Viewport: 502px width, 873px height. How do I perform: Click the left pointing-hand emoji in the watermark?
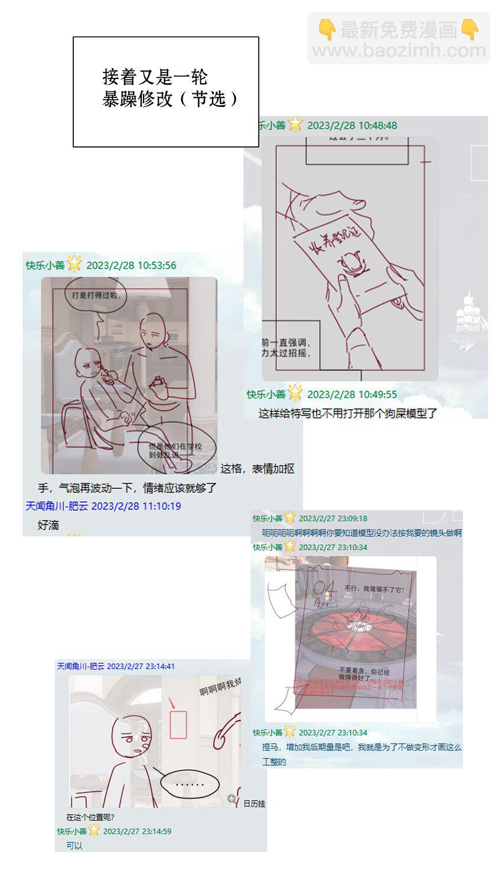click(327, 30)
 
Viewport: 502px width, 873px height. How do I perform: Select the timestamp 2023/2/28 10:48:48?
click(352, 125)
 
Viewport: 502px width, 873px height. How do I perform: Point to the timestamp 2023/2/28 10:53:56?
click(131, 265)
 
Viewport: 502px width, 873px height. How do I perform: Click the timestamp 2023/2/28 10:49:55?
click(352, 394)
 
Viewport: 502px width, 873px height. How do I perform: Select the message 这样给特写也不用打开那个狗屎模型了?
click(347, 413)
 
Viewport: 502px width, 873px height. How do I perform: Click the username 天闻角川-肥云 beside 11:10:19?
click(57, 506)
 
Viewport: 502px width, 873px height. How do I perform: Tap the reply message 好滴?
click(48, 525)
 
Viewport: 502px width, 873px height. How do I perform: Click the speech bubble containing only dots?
click(190, 784)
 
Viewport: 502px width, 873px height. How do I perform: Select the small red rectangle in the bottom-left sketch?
click(178, 724)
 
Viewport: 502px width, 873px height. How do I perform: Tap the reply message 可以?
click(74, 845)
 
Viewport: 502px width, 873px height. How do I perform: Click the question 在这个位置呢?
click(90, 817)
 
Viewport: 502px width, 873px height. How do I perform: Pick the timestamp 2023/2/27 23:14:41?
click(141, 666)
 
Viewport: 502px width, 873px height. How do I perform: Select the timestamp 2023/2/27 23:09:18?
click(333, 518)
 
